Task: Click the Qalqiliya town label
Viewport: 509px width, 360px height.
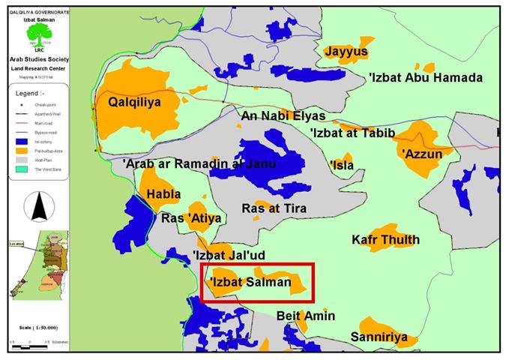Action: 135,101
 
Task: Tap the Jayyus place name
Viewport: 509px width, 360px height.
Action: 346,52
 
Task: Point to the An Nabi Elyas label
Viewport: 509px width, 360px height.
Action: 283,116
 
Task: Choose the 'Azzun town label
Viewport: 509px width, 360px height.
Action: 427,154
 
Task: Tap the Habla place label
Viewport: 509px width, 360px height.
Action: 163,194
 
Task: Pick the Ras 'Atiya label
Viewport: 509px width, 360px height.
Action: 191,219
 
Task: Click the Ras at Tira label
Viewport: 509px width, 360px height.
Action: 274,208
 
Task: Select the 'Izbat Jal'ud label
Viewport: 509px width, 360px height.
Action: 229,255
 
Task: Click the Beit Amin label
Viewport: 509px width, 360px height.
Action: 306,316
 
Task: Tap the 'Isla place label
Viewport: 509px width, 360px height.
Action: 342,165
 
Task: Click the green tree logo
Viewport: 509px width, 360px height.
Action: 43,32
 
